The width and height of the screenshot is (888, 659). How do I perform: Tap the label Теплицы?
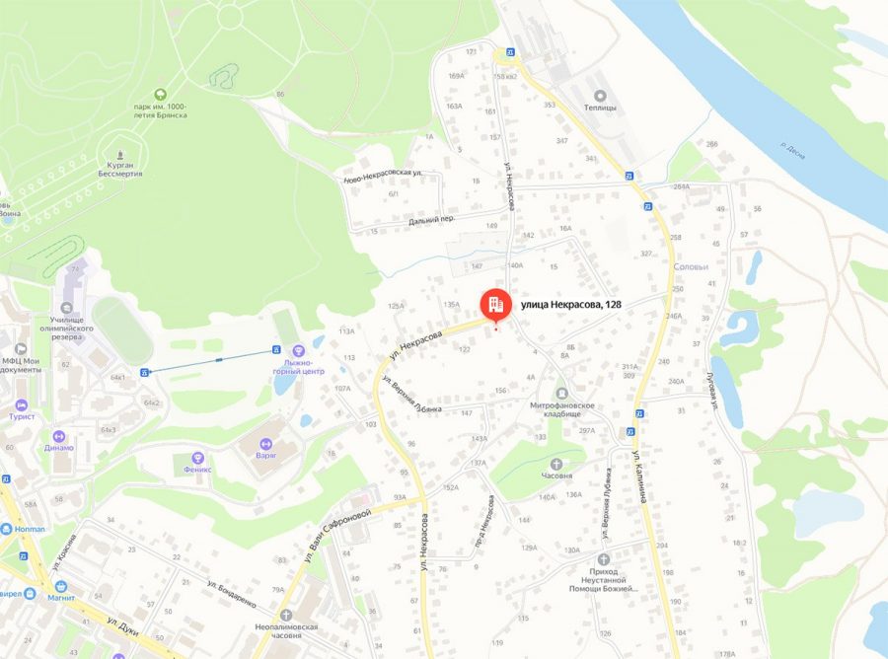tap(600, 108)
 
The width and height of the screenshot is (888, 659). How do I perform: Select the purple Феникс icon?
tap(198, 458)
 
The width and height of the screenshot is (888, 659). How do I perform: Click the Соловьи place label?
tap(691, 266)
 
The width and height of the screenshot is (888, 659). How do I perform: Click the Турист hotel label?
tap(22, 416)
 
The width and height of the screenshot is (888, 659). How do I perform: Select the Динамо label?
tap(58, 447)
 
